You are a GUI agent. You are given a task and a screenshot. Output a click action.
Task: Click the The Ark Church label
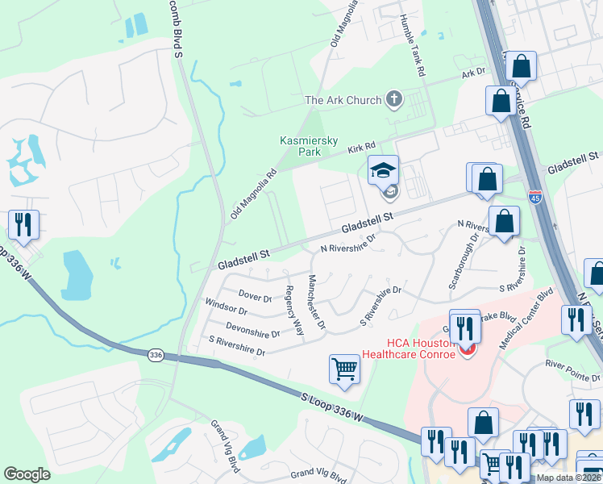pyautogui.click(x=343, y=100)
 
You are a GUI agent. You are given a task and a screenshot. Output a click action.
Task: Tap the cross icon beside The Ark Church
pyautogui.click(x=394, y=99)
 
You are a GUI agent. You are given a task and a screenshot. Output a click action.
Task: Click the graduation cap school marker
pyautogui.click(x=383, y=170)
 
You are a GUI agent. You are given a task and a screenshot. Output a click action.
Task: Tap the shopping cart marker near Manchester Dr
pyautogui.click(x=344, y=369)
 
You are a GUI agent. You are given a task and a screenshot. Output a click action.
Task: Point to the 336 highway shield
pyautogui.click(x=157, y=355)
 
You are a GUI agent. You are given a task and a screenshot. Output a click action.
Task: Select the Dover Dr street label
pyautogui.click(x=256, y=298)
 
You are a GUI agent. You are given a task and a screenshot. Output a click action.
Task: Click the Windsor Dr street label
pyautogui.click(x=227, y=309)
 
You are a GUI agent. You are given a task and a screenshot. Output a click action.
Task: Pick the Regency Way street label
pyautogui.click(x=293, y=311)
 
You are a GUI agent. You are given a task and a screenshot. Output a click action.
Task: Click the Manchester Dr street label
pyautogui.click(x=316, y=302)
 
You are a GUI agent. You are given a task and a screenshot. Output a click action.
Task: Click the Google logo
pyautogui.click(x=27, y=474)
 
